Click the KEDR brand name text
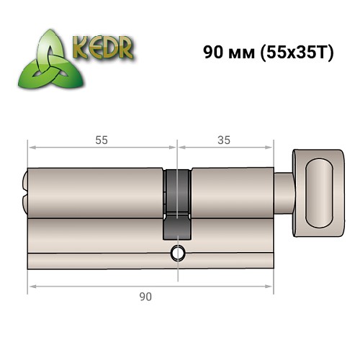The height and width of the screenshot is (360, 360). [103, 49]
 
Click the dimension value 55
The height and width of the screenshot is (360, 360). [102, 140]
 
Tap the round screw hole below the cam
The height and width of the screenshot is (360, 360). [177, 253]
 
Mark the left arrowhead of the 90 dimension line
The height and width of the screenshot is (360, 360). [31, 287]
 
